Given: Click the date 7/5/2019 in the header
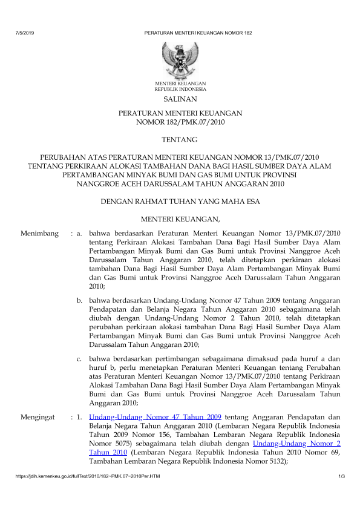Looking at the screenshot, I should click(x=24, y=32).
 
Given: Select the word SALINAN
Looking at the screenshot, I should click(x=180, y=98).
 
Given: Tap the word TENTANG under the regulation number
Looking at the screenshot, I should click(x=180, y=140).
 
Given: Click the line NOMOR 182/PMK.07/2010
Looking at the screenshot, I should click(x=180, y=122).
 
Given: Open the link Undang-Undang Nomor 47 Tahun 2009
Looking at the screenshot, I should click(x=155, y=417).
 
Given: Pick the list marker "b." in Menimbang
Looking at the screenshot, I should click(x=79, y=300).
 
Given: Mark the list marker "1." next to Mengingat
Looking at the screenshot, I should click(x=79, y=417).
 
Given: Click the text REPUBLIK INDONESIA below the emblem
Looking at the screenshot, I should click(x=180, y=88).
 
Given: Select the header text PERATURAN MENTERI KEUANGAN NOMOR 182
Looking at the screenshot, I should click(x=198, y=32).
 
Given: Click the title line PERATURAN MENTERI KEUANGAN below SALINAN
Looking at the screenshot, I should click(x=180, y=113).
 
